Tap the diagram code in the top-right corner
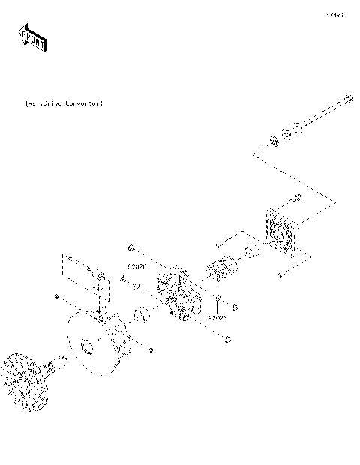pos(334,14)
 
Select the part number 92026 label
pos(136,267)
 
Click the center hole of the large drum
pos(87,346)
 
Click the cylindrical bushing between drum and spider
pos(140,316)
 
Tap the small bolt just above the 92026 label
pos(130,249)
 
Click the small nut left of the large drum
pos(58,298)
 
